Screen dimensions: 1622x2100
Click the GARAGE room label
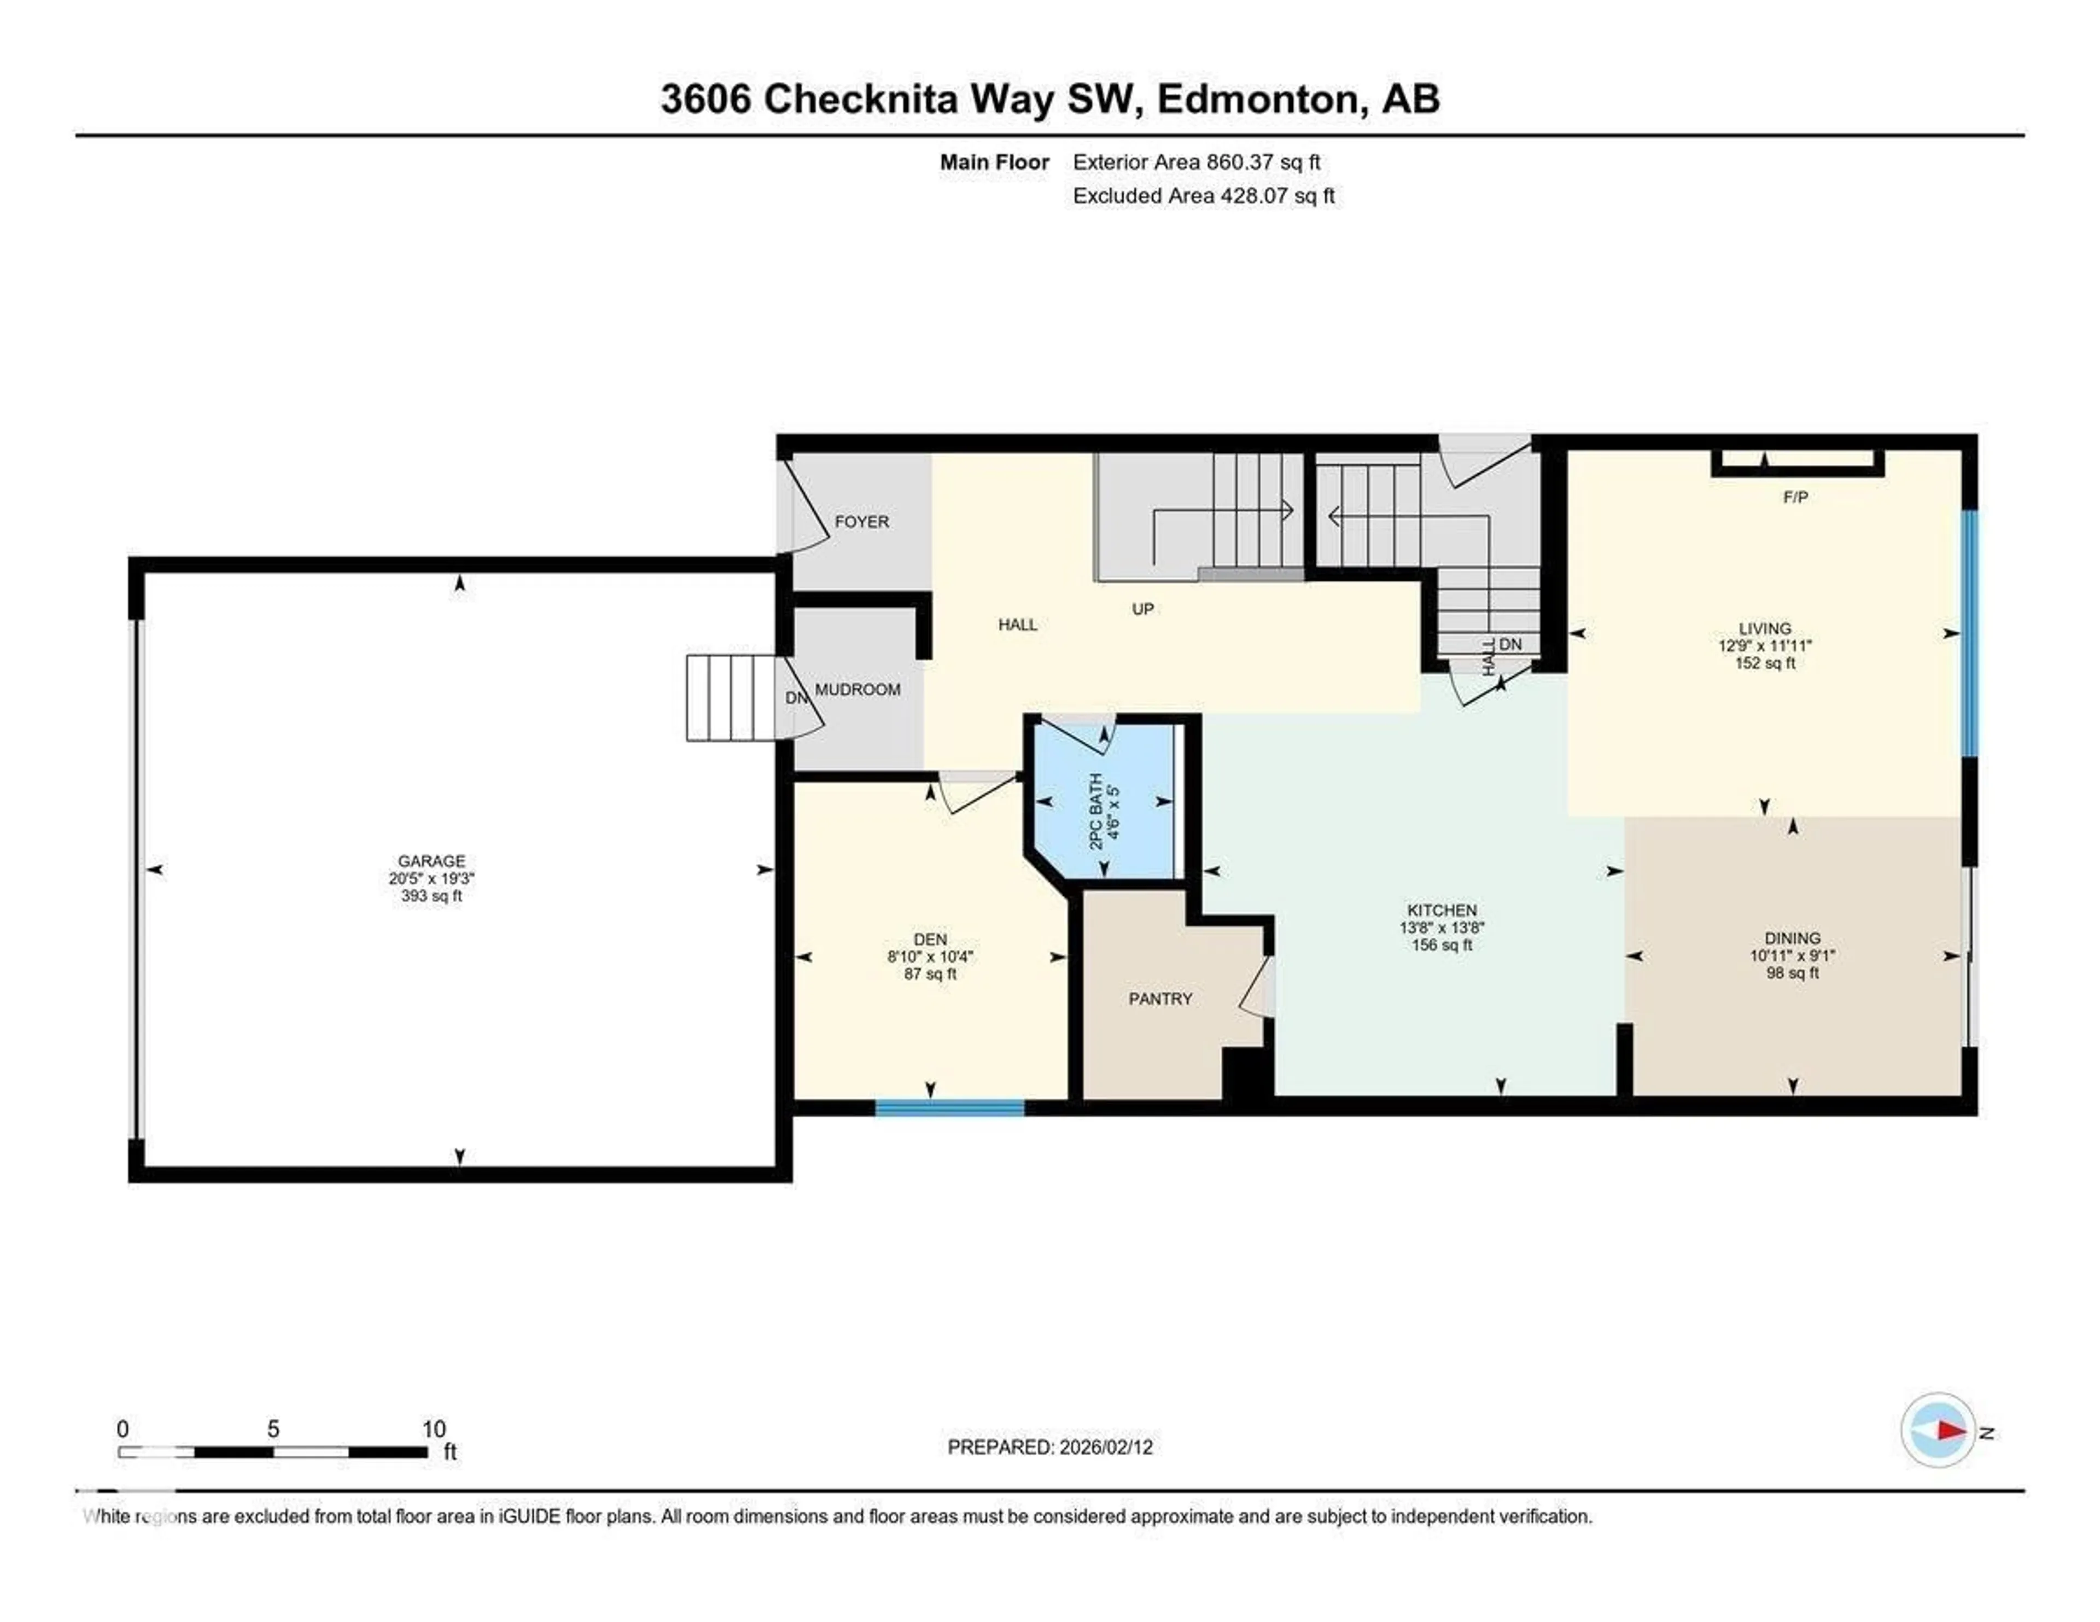coord(431,861)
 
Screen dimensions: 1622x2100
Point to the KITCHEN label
coord(1442,909)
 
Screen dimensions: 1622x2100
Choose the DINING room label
coord(1792,937)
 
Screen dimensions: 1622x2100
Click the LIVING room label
coord(1764,628)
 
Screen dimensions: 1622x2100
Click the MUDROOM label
coord(857,690)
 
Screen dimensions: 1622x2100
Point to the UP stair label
coord(1142,609)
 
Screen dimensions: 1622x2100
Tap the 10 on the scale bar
coord(434,1429)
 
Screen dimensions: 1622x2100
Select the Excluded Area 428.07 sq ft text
coord(1203,196)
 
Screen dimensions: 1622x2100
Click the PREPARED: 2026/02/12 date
coord(1050,1447)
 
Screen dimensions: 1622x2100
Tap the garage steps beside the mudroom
coord(731,698)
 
